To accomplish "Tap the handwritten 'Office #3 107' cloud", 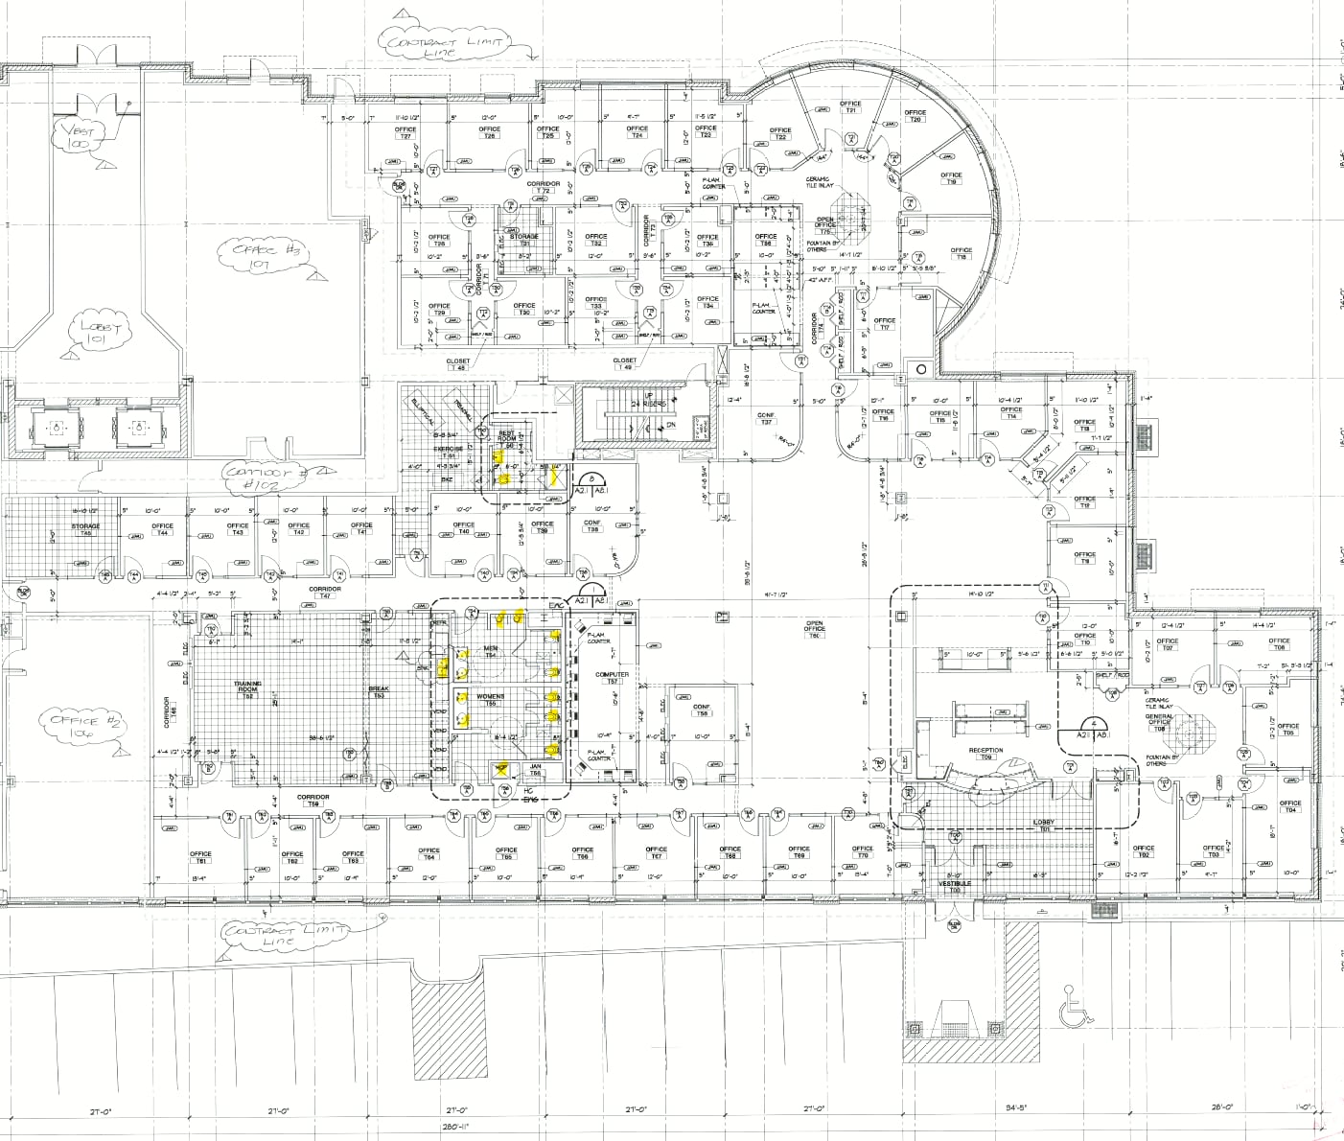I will tap(255, 255).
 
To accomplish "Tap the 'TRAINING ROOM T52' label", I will tap(248, 687).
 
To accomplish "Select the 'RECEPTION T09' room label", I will tap(985, 754).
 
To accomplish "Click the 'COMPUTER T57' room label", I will tap(612, 677).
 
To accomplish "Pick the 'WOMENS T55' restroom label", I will tap(491, 699).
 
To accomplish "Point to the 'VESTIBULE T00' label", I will tap(954, 886).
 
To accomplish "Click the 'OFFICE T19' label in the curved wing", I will tap(951, 178).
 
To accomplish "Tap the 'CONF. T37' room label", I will tap(766, 418).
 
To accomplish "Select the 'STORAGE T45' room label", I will tap(85, 529).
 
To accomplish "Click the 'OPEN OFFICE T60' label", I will tap(815, 629).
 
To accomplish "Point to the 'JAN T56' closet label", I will tap(535, 769).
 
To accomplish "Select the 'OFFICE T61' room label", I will tap(200, 856).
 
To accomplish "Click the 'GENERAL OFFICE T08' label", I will tap(1159, 722).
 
